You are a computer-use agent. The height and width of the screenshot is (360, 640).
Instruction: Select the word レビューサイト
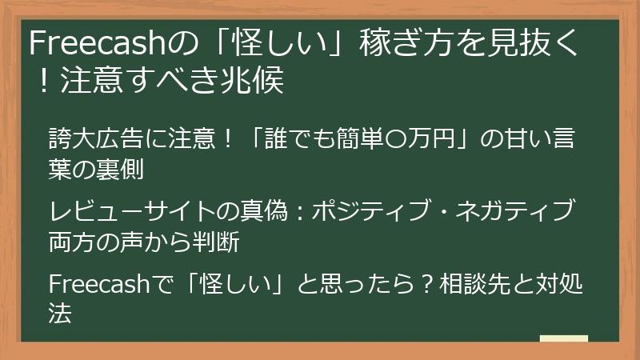[133, 211]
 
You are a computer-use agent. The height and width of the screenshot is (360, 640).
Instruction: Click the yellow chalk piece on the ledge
[563, 338]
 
